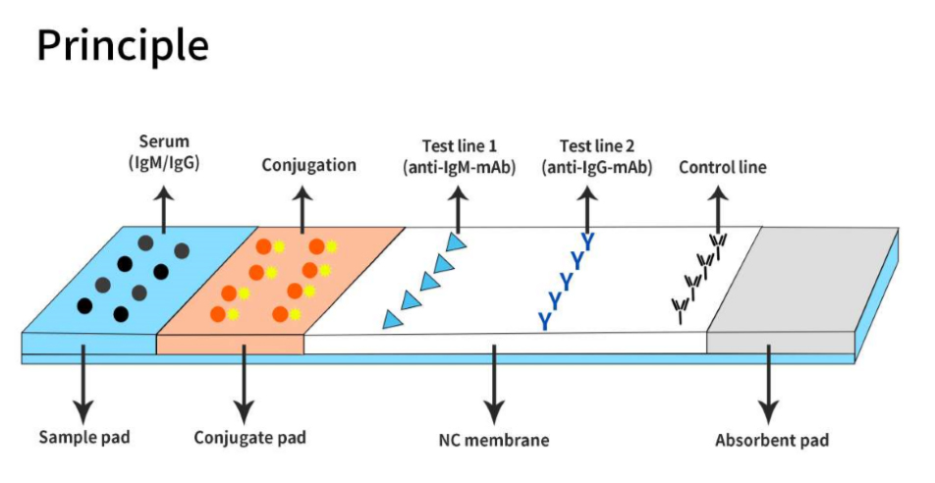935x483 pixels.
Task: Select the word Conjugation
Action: point(308,165)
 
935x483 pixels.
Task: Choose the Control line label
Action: point(722,168)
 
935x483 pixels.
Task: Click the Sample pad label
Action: point(83,436)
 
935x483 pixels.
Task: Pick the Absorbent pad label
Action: point(770,439)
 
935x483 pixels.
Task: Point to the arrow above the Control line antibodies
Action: point(722,205)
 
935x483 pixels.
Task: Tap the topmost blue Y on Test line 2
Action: point(588,241)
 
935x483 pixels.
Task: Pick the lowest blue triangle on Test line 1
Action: point(392,319)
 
